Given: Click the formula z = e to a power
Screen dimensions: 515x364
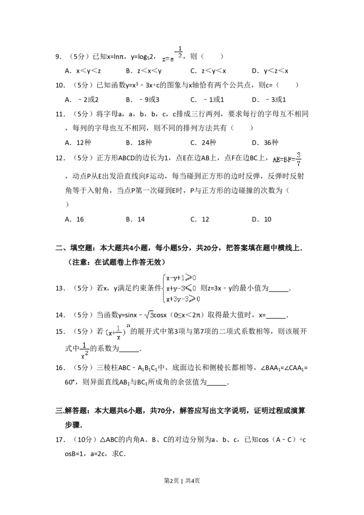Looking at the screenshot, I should (x=173, y=55).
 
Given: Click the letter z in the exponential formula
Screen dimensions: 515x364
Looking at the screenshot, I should (x=164, y=60).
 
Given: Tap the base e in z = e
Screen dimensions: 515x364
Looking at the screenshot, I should (x=172, y=60).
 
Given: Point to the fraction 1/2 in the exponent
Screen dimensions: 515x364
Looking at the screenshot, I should (x=180, y=51).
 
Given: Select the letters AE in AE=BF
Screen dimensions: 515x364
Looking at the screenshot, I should (x=277, y=159).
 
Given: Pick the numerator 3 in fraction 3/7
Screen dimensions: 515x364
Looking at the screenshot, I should (x=298, y=155).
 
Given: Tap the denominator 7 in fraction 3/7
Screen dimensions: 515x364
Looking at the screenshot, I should (x=298, y=164).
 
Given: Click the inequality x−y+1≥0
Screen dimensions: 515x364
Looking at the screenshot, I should (x=181, y=278).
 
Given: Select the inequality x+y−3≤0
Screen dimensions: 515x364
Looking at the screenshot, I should (x=181, y=288).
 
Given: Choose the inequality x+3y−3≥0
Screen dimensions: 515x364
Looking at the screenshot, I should (x=183, y=299).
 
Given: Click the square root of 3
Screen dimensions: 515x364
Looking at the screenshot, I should (x=148, y=315).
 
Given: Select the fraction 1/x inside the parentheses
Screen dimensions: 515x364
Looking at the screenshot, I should (x=118, y=332).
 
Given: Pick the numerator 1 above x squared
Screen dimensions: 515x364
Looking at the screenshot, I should (x=84, y=345).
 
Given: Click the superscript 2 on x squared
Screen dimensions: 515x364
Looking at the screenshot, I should (x=87, y=354).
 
